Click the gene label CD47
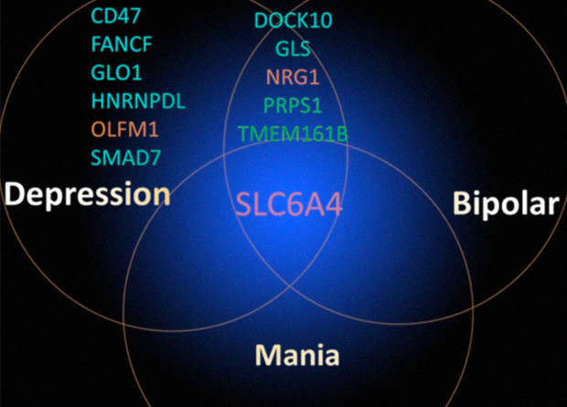pos(115,16)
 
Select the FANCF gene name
pos(122,45)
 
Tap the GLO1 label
pos(116,73)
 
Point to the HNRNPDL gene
pos(138,101)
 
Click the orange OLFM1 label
pos(124,129)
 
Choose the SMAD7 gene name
pos(125,157)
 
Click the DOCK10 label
pos(294,20)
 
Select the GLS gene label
pos(293,48)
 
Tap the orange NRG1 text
pos(293,77)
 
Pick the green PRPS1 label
pos(293,105)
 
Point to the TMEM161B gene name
pos(293,134)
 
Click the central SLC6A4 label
pos(289,205)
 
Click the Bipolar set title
pos(507,203)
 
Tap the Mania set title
pos(297,355)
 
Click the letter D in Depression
pos(14,194)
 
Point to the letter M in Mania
pos(269,355)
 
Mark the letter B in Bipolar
pos(461,202)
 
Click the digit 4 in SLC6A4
pos(332,205)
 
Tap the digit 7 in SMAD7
pos(155,157)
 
